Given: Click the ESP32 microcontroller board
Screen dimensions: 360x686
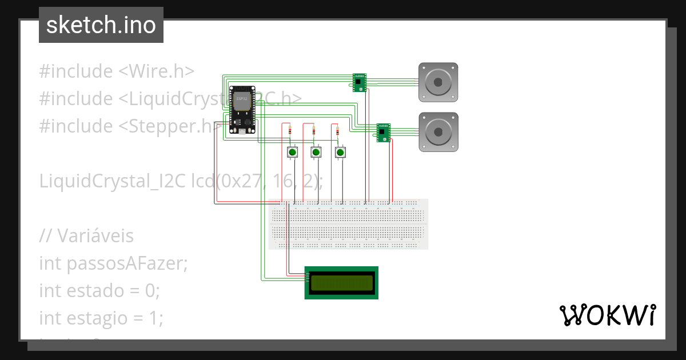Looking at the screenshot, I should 242,110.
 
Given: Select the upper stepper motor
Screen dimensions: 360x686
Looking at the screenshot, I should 438,82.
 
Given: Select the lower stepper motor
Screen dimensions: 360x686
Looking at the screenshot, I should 438,132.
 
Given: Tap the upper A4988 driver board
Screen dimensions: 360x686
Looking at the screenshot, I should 360,82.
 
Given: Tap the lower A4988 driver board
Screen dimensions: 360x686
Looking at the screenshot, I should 383,131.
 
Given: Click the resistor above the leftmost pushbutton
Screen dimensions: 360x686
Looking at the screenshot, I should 291,131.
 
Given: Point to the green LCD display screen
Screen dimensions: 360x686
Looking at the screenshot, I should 342,282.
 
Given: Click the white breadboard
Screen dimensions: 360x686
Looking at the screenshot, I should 348,224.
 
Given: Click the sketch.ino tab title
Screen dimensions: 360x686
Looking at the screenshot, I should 101,25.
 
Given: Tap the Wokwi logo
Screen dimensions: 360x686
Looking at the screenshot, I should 608,315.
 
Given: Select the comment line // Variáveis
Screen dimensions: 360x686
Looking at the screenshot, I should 86,235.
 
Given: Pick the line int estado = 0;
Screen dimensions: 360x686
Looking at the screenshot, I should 99,290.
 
